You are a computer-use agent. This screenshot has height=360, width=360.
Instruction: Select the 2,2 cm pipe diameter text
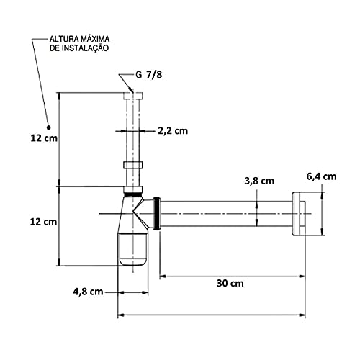tap(172, 130)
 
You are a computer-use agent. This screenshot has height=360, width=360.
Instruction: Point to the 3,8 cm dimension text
tap(258, 180)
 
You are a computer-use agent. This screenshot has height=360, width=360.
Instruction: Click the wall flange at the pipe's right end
tap(298, 213)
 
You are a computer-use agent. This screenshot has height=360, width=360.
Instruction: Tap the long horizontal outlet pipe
tap(223, 213)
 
